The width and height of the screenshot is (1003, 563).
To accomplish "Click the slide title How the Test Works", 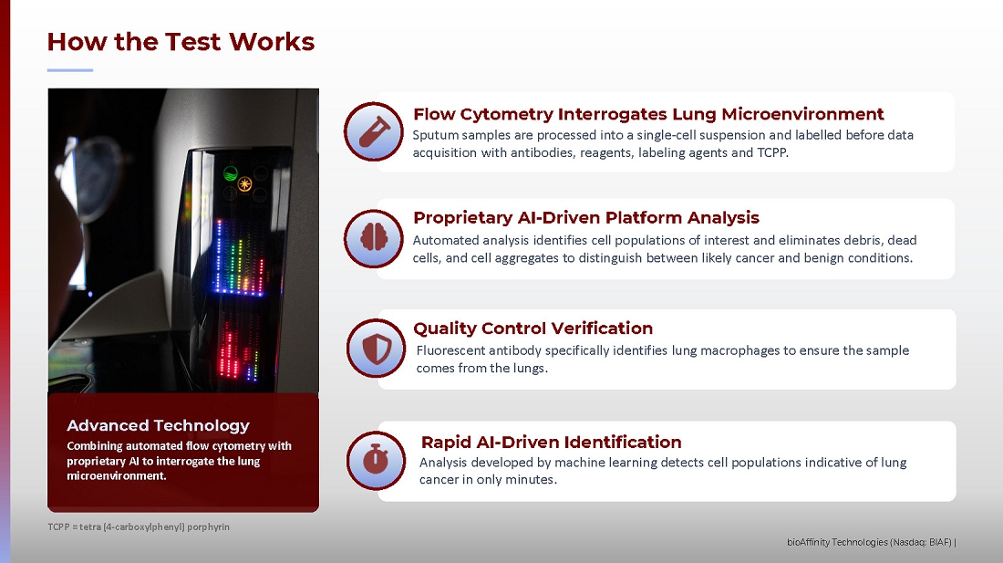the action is pos(181,42).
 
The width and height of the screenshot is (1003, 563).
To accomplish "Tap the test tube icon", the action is pos(374,131).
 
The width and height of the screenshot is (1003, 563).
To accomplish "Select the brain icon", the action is pos(374,238).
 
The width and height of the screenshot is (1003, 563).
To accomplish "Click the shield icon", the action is pos(376,349).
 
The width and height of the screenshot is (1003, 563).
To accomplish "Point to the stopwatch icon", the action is pos(376,459).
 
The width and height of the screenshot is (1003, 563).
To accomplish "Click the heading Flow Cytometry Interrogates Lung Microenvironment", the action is pos(648,114).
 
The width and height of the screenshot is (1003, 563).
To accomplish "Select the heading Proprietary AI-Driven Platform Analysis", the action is pos(586,217).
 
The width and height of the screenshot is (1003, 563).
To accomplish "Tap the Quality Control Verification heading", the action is pos(533,328).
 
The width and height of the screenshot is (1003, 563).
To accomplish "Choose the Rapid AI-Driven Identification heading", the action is pos(551,442).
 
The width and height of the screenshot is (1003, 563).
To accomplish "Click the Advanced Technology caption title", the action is pos(158,425).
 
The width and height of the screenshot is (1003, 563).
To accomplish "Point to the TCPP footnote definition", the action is pos(139,527).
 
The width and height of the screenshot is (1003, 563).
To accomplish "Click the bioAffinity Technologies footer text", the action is pos(871,543).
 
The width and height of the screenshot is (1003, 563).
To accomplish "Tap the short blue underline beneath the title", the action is pos(70,69).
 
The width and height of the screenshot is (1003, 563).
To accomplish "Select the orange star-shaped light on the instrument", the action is pos(244,184).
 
